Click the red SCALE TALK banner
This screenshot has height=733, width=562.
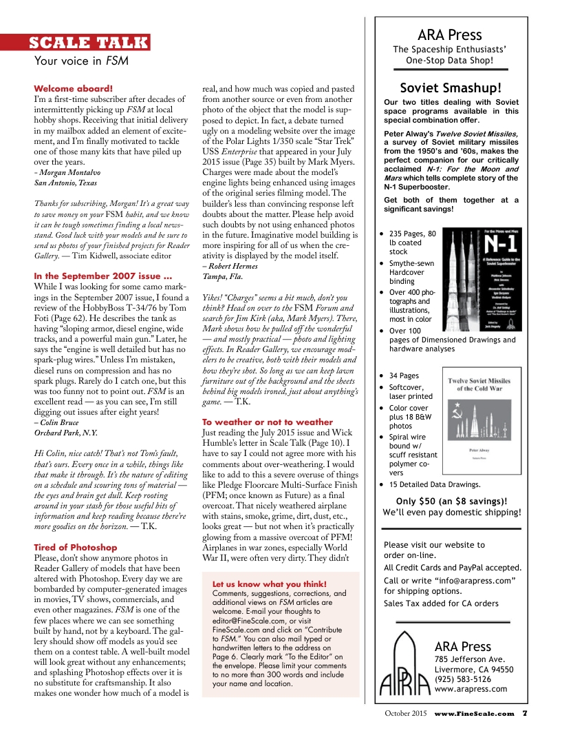coord(89,43)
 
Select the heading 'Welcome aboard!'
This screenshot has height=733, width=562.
coord(73,89)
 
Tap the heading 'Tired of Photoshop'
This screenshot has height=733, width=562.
coord(76,547)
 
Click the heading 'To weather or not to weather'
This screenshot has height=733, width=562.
coord(267,422)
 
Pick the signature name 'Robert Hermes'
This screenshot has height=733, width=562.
coord(230,265)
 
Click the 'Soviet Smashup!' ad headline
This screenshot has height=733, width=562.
coord(451,87)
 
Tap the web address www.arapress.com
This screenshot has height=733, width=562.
coord(471,688)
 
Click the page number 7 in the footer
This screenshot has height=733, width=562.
coord(524,713)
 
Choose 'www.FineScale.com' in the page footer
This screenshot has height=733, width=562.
coord(474,713)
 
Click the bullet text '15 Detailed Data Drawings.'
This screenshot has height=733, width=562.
coord(435,484)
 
